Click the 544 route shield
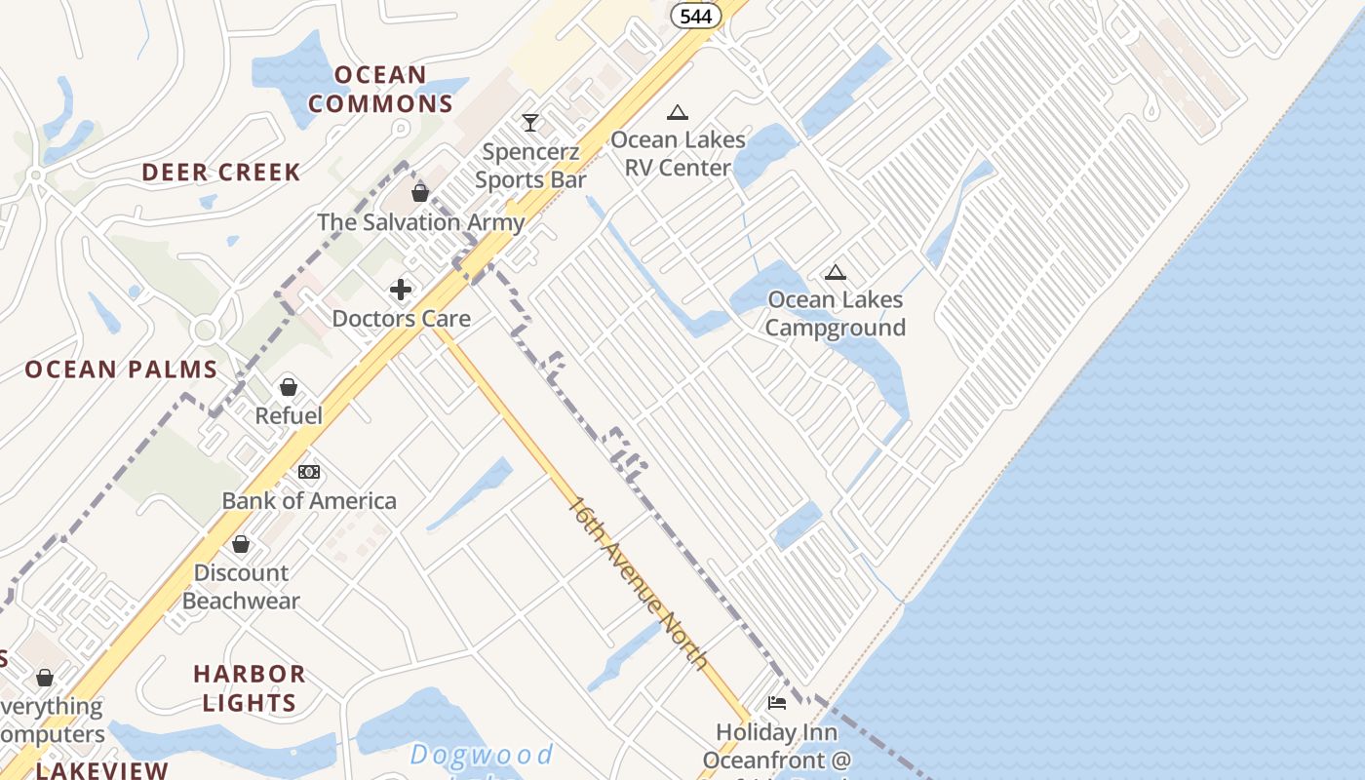(x=695, y=16)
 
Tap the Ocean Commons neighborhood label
(x=381, y=89)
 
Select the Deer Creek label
(x=221, y=173)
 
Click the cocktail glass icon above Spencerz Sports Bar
(x=529, y=123)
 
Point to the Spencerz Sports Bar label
(x=530, y=166)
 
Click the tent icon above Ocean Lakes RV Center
(x=678, y=112)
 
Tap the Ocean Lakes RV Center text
(x=678, y=154)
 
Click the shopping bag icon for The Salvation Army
(x=420, y=193)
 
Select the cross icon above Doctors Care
(x=400, y=290)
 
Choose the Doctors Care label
(x=401, y=319)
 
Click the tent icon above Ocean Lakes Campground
(x=835, y=272)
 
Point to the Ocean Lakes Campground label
(x=835, y=314)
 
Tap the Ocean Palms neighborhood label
(x=121, y=370)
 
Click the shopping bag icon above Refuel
(x=288, y=387)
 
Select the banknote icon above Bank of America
(x=308, y=472)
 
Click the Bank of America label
(x=309, y=501)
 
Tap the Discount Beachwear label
(x=241, y=587)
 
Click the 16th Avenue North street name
(x=638, y=583)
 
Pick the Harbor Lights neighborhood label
(x=249, y=688)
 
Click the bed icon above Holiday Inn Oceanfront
(x=777, y=702)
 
